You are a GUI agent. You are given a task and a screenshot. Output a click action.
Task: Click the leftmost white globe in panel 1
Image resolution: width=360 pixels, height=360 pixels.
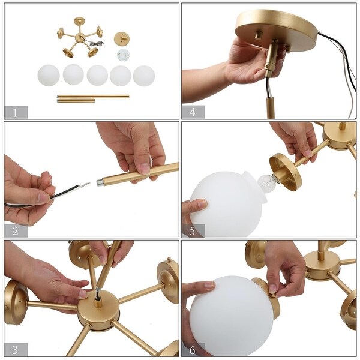click(49, 75)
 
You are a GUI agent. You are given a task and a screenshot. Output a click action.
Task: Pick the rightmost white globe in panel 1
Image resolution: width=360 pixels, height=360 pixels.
click(143, 76)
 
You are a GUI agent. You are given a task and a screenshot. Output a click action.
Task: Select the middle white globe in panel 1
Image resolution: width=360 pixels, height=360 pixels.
click(97, 75)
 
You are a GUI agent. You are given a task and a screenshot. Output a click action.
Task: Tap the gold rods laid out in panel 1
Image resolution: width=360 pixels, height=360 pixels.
click(92, 98)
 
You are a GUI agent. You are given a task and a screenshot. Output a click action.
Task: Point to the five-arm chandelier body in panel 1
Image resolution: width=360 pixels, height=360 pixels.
click(79, 38)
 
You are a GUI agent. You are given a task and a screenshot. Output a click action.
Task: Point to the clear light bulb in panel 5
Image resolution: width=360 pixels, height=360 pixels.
click(266, 182)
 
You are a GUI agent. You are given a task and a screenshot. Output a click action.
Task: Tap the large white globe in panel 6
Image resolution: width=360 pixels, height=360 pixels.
click(231, 315)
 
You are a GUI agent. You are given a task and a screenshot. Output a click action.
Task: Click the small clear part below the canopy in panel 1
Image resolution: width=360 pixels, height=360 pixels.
click(123, 55)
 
